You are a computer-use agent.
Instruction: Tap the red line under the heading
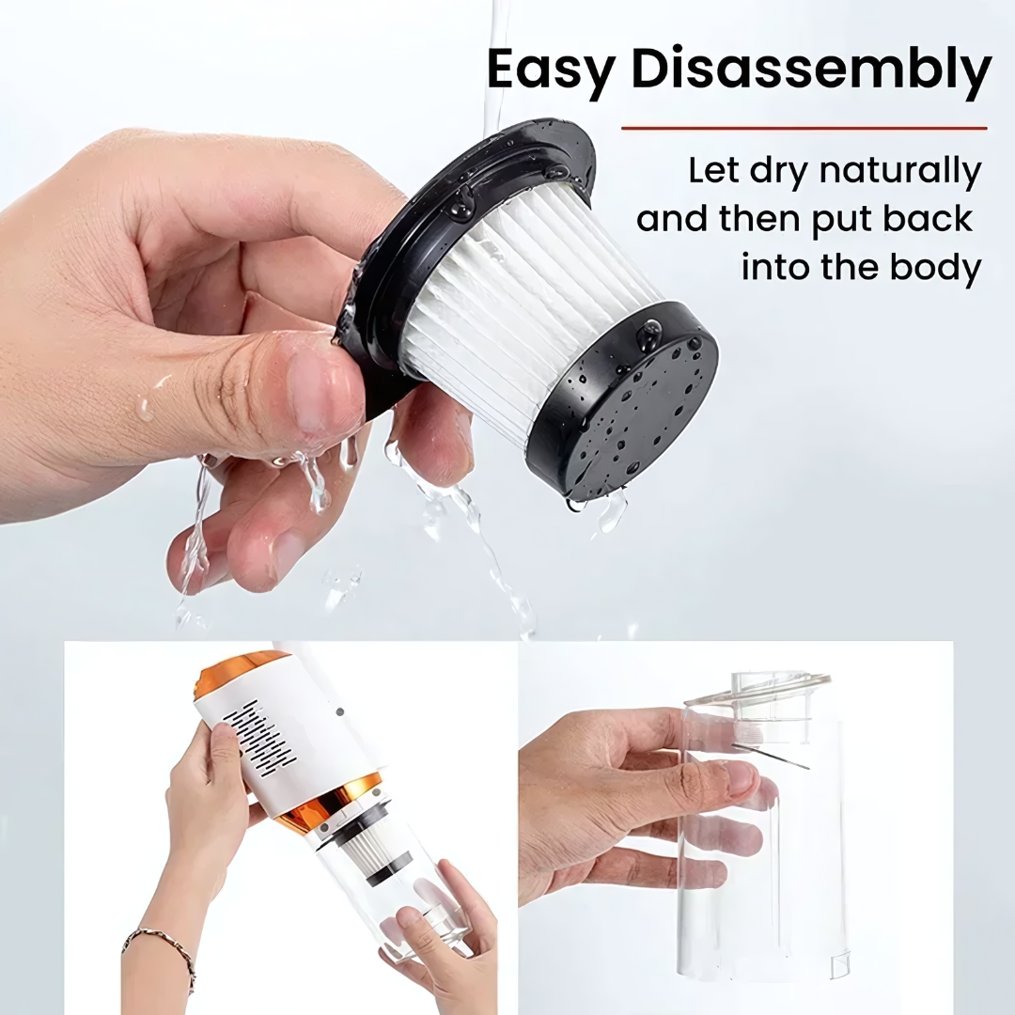[x=804, y=128]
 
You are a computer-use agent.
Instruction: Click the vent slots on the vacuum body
[x=259, y=738]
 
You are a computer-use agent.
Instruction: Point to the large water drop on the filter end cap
[x=648, y=335]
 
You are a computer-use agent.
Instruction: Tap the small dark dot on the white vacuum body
[x=338, y=711]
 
